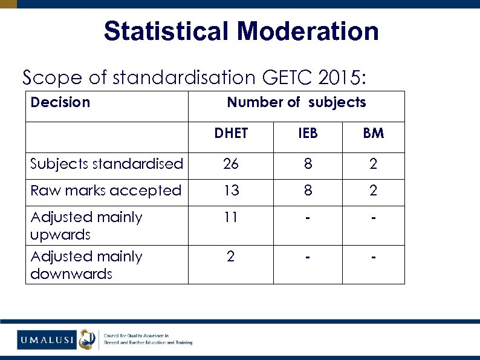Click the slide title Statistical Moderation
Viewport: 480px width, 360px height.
(x=241, y=31)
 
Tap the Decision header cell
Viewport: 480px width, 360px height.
(x=60, y=102)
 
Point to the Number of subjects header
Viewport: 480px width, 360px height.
(x=296, y=102)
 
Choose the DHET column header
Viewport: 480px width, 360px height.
(x=231, y=133)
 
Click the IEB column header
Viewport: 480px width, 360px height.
(x=308, y=133)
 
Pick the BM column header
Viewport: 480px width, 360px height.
(x=373, y=133)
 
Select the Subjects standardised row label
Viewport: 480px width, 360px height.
(x=107, y=163)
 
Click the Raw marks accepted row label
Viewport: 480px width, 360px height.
(x=106, y=191)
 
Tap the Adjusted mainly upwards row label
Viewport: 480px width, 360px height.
(x=86, y=225)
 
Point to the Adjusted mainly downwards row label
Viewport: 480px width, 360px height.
(x=86, y=265)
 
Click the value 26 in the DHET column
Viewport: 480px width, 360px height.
(x=230, y=163)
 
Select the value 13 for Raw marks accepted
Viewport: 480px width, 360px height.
(x=230, y=191)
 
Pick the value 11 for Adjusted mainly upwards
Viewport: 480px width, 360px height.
(x=230, y=217)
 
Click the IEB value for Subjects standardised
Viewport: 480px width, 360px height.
(x=308, y=163)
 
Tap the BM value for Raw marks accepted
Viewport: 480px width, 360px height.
(x=373, y=191)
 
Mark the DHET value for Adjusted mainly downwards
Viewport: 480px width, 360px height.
(x=230, y=257)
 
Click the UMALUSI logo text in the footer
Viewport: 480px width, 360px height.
(x=46, y=340)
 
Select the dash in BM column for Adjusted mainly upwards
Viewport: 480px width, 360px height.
(x=373, y=217)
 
